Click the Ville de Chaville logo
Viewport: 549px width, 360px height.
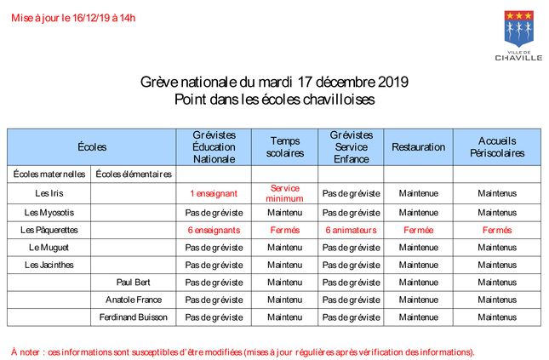518,36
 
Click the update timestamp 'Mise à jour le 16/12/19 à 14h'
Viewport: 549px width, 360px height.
73,17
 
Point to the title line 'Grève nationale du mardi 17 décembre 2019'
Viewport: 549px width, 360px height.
274,83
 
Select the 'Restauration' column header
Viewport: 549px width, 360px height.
418,147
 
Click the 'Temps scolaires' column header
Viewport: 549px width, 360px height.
285,147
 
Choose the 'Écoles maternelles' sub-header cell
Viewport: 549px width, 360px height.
49,174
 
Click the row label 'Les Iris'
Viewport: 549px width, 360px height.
49,193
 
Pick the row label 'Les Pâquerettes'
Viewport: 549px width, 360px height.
49,230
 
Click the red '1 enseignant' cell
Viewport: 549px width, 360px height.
214,193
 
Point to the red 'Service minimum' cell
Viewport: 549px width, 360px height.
285,193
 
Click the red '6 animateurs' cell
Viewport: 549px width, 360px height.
351,230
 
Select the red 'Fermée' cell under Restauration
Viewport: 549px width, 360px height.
418,230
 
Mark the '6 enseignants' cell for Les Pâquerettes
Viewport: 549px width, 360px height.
214,230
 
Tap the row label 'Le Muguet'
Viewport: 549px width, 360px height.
49,248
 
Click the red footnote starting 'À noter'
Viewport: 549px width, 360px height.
243,351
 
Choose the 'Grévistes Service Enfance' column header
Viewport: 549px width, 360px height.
351,147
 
